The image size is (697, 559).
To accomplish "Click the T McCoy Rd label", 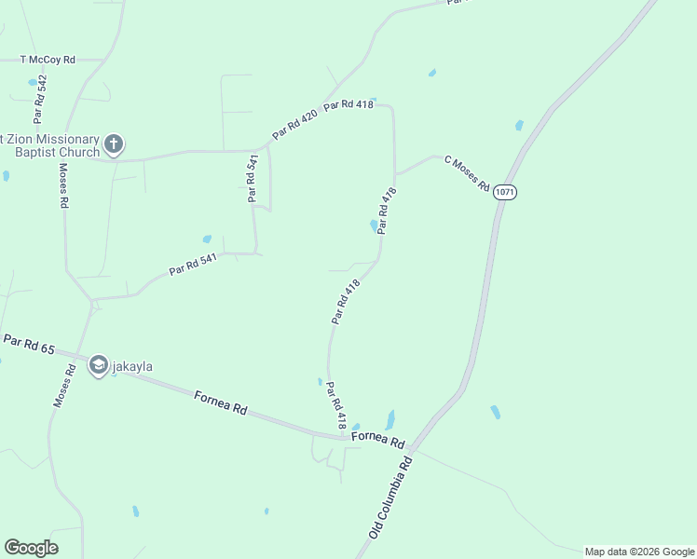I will pyautogui.click(x=48, y=60).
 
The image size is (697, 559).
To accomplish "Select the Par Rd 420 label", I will pyautogui.click(x=295, y=124).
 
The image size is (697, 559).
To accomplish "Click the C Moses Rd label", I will pyautogui.click(x=467, y=172).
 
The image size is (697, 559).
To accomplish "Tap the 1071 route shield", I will pyautogui.click(x=505, y=192).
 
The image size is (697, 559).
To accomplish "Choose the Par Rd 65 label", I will pyautogui.click(x=28, y=344).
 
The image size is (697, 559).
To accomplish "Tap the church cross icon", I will pyautogui.click(x=114, y=143).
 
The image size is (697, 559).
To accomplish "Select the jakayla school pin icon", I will pyautogui.click(x=98, y=366).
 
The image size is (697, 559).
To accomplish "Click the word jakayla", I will pyautogui.click(x=132, y=367).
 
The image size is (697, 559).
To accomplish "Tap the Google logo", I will pyautogui.click(x=31, y=548).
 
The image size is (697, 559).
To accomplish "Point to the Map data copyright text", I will pyautogui.click(x=639, y=552).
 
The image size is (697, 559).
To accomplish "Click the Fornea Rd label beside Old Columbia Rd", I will pyautogui.click(x=377, y=441).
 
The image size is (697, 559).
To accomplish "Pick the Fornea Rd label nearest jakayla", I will pyautogui.click(x=221, y=402).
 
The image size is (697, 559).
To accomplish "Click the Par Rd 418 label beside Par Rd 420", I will pyautogui.click(x=348, y=104).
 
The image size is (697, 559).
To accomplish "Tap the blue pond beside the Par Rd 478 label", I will pyautogui.click(x=374, y=225).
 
